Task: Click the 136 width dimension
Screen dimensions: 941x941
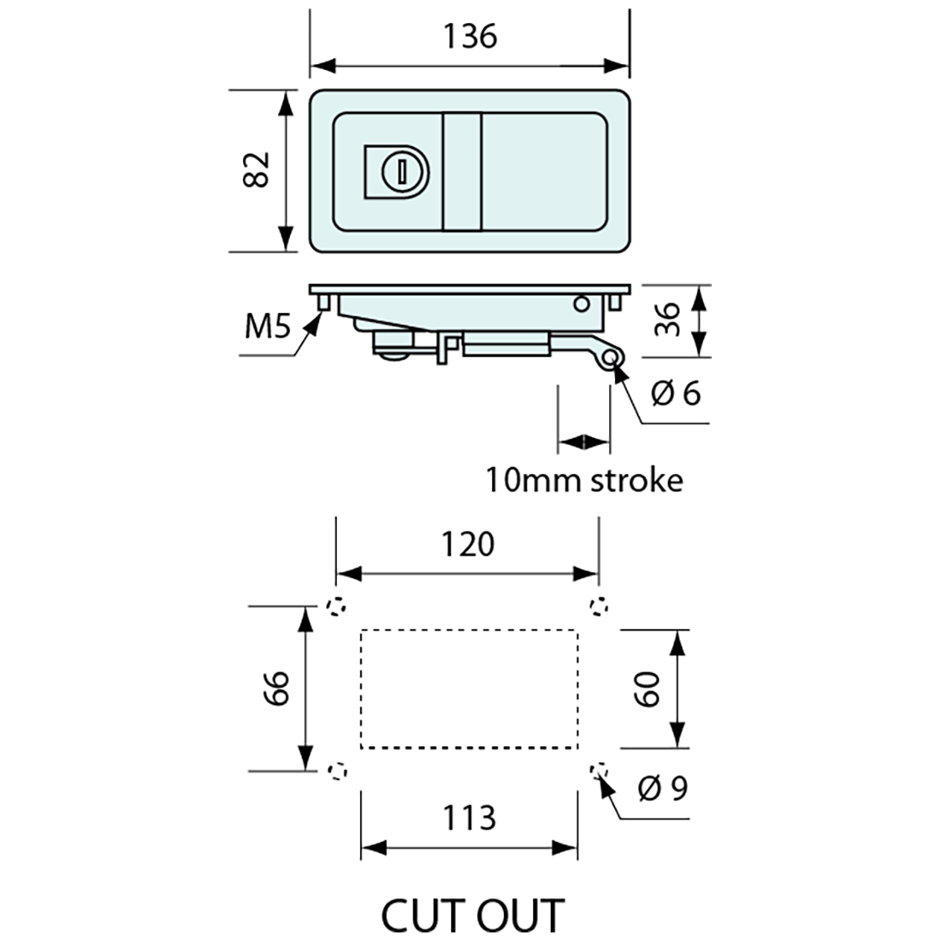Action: (470, 37)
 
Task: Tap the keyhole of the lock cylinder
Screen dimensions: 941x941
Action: (399, 171)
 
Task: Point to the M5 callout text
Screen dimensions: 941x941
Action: (266, 326)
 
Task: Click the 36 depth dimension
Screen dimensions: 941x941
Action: (668, 319)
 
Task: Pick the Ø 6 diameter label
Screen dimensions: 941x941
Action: (676, 394)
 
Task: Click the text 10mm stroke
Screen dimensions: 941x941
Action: (585, 480)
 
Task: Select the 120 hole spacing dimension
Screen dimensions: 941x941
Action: (470, 544)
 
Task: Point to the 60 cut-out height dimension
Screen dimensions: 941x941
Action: (648, 688)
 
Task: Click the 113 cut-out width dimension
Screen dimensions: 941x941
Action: (470, 818)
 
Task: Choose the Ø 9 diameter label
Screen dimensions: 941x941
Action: (663, 788)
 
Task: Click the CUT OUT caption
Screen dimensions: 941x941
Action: (472, 914)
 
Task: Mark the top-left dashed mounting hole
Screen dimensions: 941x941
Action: (338, 607)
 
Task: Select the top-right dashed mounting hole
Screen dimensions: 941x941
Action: (600, 607)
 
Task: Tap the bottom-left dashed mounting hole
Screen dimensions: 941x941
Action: (338, 771)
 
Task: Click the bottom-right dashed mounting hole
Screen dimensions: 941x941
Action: (600, 771)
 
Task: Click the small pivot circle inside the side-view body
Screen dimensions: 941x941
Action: (582, 303)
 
